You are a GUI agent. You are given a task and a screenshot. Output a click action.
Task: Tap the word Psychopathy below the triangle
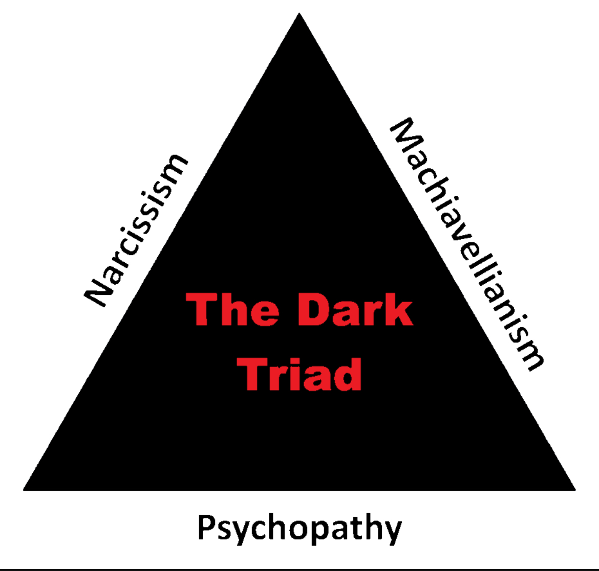[299, 528]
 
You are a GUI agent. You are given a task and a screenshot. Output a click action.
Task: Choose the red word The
[232, 310]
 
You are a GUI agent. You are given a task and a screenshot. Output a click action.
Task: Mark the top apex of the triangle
[299, 14]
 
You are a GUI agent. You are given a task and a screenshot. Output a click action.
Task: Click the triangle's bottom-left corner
[25, 489]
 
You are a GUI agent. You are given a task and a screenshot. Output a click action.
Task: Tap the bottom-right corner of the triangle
[574, 489]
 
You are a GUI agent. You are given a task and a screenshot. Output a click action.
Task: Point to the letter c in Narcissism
[134, 235]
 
